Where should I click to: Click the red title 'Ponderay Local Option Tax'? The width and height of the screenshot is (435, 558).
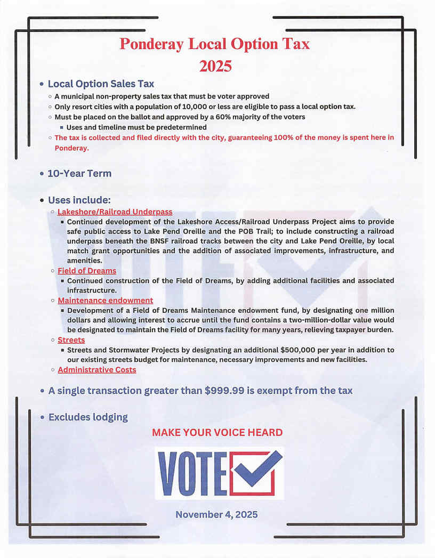[x=214, y=44]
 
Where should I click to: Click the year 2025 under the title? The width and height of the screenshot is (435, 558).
[x=215, y=66]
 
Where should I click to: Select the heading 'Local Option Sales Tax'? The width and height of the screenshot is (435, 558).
[x=101, y=84]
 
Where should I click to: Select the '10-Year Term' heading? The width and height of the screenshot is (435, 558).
[x=79, y=173]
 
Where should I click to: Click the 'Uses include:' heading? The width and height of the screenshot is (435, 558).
[x=79, y=200]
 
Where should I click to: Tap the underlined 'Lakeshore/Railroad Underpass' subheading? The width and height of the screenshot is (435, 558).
[x=115, y=212]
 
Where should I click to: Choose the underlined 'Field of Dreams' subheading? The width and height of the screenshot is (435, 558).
[x=87, y=271]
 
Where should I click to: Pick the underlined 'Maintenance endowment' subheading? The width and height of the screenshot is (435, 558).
[x=105, y=301]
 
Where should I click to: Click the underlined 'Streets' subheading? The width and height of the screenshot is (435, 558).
[x=71, y=339]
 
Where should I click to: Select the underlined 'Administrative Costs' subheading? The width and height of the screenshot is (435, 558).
[x=96, y=369]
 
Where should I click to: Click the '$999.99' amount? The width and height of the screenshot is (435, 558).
[x=224, y=391]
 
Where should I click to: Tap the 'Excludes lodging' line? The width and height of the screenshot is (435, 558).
[x=88, y=417]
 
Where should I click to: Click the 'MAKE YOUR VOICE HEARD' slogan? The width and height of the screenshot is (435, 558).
[x=217, y=432]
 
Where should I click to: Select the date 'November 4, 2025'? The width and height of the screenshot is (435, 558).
[x=216, y=514]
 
